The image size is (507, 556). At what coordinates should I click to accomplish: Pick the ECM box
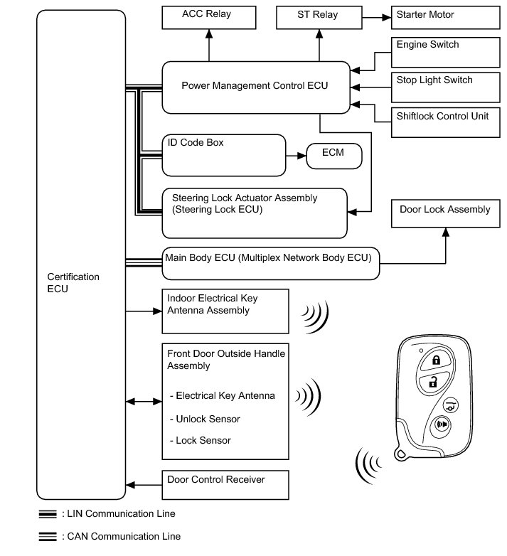click(334, 156)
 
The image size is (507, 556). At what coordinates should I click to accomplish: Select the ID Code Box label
click(196, 143)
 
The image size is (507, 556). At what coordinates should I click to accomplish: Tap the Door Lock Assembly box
click(446, 213)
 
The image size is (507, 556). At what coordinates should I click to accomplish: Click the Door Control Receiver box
click(227, 485)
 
